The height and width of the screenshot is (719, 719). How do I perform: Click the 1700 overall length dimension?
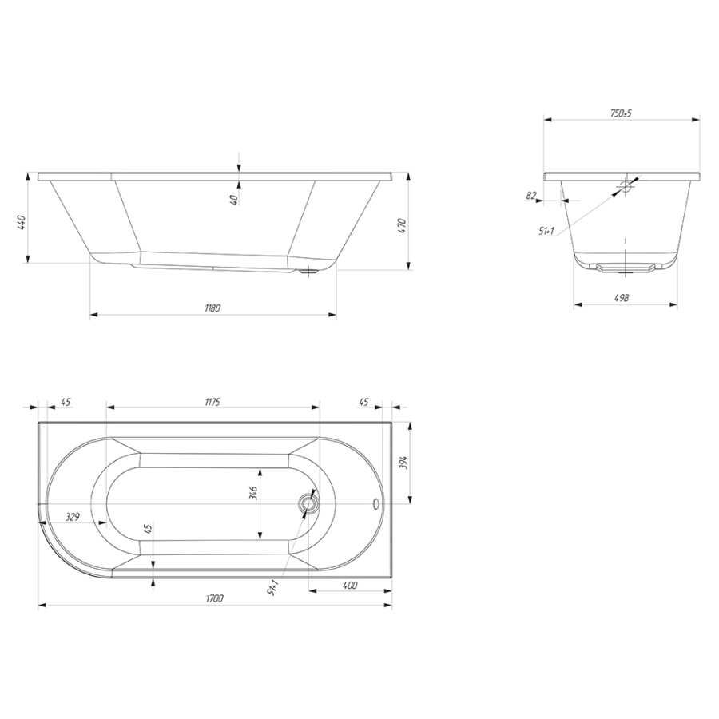pos(215,598)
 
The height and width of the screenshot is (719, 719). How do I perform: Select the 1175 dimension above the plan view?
pos(213,402)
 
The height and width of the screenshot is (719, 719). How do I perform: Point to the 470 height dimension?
pos(402,227)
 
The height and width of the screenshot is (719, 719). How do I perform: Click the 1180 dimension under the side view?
pos(213,308)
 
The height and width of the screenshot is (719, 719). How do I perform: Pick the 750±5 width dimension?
pos(621,113)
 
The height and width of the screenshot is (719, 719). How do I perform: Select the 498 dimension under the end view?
pos(622,298)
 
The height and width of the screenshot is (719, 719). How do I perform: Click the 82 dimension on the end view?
pos(531,196)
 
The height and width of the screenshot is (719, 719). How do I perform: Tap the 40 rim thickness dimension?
pos(234,200)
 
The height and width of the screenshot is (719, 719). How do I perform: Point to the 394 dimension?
pos(403,464)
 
